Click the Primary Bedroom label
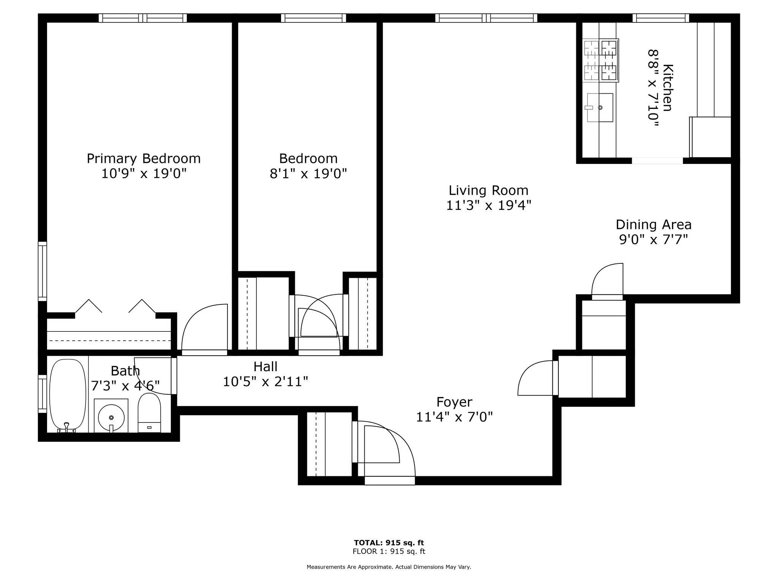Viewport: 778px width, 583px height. pos(144,158)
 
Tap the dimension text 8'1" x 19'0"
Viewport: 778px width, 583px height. pos(308,174)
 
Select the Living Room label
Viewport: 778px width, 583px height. pos(488,190)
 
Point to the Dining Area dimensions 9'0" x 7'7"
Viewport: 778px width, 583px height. pos(653,240)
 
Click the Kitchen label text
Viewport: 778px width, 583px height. pos(667,88)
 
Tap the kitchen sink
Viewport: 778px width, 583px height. pos(600,107)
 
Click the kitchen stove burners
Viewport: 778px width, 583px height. pos(601,60)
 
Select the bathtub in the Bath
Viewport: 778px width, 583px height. pos(68,395)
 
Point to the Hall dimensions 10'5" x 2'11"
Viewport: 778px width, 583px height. pos(265,381)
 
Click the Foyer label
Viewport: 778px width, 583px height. pos(454,402)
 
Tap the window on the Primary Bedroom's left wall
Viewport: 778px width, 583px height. pos(42,271)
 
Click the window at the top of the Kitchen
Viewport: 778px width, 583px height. pos(661,18)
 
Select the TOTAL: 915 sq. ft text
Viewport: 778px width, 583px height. pos(389,543)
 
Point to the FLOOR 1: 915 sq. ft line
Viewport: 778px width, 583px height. pos(389,551)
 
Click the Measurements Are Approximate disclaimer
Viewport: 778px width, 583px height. pos(389,567)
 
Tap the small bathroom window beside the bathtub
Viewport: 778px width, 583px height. pos(42,394)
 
